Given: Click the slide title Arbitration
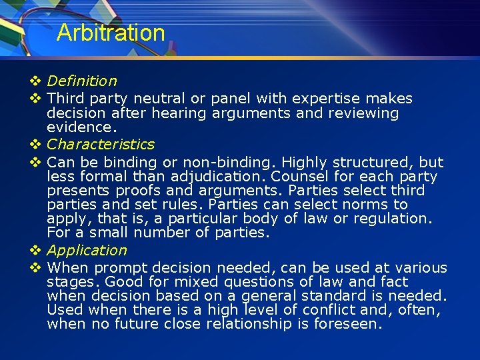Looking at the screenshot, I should (x=111, y=33).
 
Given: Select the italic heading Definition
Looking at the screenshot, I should (x=82, y=81).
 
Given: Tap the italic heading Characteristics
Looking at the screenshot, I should (x=101, y=144).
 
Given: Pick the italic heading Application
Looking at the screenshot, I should (x=87, y=250).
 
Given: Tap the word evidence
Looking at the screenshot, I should (x=80, y=127).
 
